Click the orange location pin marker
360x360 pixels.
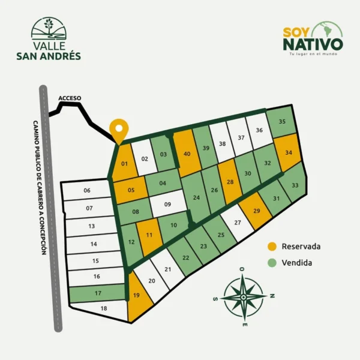click(120, 129)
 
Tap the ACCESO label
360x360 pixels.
click(70, 98)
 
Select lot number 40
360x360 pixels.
click(187, 154)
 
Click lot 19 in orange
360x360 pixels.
click(137, 295)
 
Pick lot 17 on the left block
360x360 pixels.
click(97, 294)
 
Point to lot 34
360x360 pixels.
click(289, 152)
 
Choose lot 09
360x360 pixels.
click(168, 205)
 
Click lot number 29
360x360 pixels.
click(257, 211)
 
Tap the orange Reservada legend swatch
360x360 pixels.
click(272, 247)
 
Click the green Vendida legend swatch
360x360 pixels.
click(272, 263)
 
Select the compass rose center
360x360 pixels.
click(244, 296)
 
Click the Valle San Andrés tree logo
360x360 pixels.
click(49, 29)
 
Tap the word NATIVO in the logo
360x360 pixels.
click(313, 44)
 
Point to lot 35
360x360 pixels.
click(282, 122)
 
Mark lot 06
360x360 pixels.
click(87, 191)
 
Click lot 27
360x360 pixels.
click(238, 223)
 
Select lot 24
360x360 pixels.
click(196, 197)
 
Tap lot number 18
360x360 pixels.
click(104, 308)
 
